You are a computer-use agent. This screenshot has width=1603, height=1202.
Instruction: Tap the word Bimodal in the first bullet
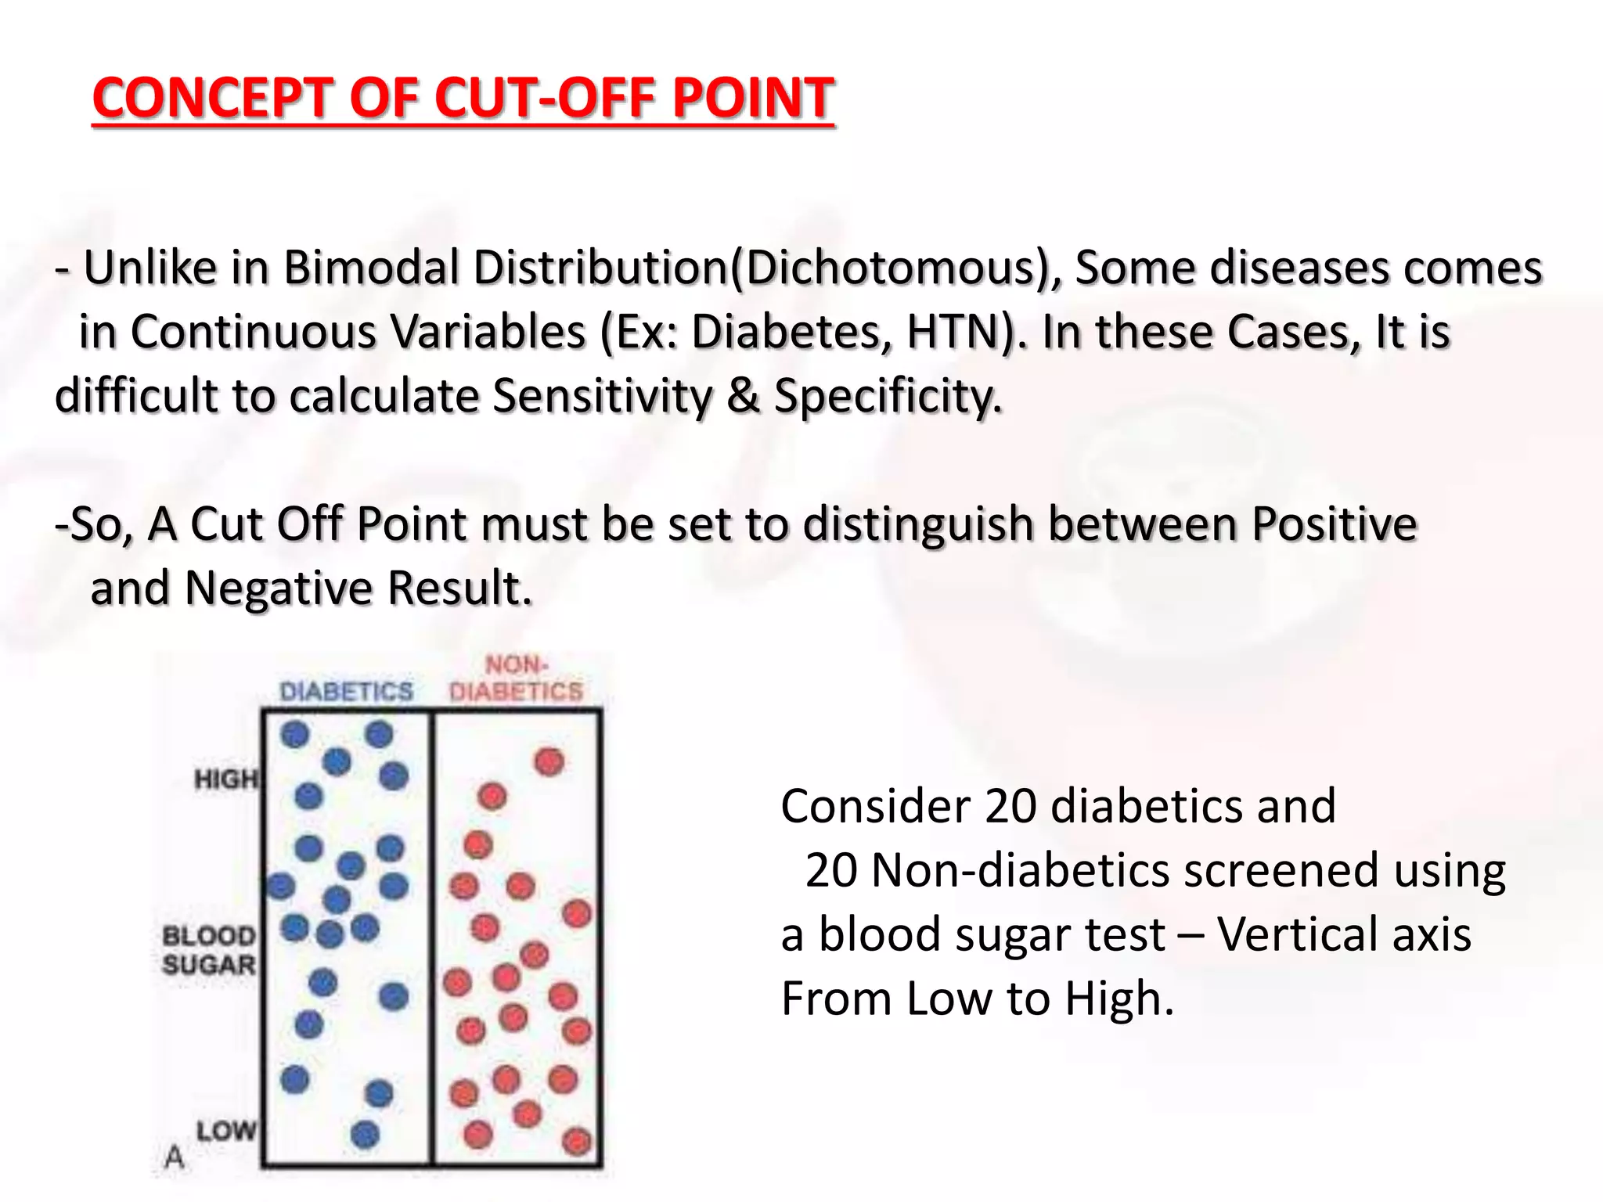click(x=371, y=268)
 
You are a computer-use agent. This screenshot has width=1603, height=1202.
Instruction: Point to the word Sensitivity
click(x=602, y=396)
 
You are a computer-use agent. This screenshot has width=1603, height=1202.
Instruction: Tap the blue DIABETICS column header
click(x=346, y=692)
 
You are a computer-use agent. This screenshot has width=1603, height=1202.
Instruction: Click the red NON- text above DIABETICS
click(x=517, y=665)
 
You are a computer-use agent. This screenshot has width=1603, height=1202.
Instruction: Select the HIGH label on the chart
click(x=225, y=779)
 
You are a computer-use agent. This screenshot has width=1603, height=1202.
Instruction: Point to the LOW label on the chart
click(x=225, y=1131)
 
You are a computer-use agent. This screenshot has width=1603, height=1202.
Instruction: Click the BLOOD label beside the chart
click(x=209, y=936)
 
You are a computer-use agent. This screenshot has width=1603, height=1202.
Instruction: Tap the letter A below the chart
click(x=175, y=1157)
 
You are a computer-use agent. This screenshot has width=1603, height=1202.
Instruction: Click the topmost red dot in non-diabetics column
click(x=549, y=761)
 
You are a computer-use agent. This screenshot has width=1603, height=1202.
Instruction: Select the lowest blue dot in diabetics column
click(x=365, y=1134)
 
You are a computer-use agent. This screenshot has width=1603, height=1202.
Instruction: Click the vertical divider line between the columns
click(x=431, y=939)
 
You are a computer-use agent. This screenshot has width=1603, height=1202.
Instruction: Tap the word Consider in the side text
click(x=874, y=806)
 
